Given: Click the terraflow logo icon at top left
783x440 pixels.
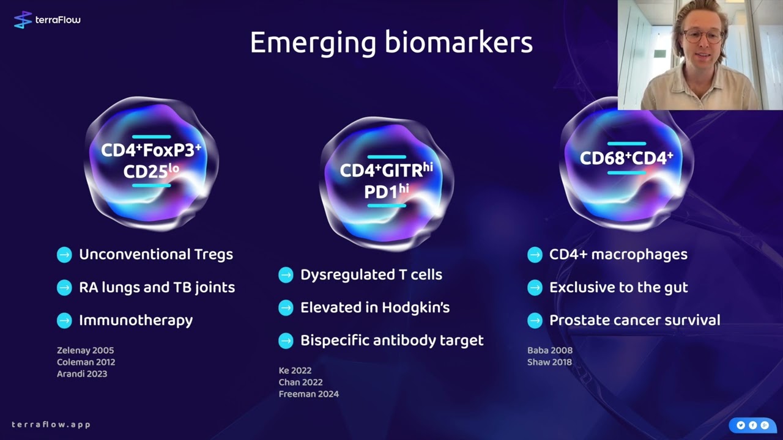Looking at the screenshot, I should click(x=23, y=20).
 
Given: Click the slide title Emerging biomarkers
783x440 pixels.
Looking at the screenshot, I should click(x=391, y=43).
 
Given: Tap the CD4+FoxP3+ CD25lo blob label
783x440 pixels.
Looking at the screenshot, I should click(x=151, y=161).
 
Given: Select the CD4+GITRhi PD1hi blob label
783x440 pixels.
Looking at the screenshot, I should click(x=386, y=180).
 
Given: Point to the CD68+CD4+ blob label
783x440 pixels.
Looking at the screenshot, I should click(x=626, y=158).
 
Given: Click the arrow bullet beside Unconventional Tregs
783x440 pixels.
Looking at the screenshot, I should click(x=64, y=255).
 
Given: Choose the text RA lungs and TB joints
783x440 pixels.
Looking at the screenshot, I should click(x=157, y=287).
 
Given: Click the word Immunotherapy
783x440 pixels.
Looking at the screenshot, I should click(x=136, y=320).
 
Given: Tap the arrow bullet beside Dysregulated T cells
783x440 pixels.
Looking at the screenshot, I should click(x=286, y=275).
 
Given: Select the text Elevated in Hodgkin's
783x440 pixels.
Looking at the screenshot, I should click(x=374, y=307).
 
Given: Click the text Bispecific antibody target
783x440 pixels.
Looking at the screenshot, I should click(x=391, y=340).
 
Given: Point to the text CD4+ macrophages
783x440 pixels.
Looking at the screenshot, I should click(x=618, y=255).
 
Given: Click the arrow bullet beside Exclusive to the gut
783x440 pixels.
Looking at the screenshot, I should click(x=535, y=287).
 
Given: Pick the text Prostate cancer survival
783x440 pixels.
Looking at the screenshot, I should click(x=634, y=320).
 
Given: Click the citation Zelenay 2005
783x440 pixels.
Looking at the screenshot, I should click(x=85, y=350).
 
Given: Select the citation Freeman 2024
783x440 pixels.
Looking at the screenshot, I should click(x=308, y=394).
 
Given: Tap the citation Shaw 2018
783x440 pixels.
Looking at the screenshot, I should click(x=549, y=362).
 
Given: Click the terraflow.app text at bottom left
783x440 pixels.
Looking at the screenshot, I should click(x=51, y=425).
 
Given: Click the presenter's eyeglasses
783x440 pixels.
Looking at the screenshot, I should click(x=702, y=35).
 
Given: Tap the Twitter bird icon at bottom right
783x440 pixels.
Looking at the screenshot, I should click(x=740, y=425).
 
